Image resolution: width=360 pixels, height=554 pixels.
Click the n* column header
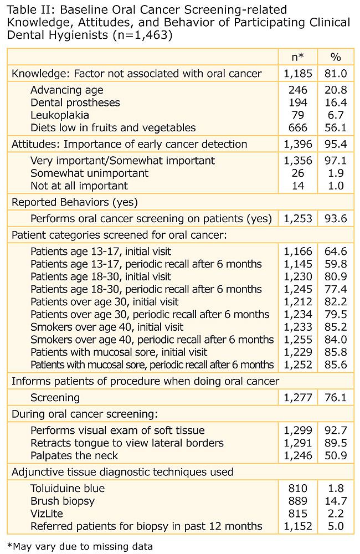[x=299, y=57]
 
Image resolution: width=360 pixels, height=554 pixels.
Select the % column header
[x=336, y=57]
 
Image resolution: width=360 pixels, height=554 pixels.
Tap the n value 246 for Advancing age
[x=298, y=90]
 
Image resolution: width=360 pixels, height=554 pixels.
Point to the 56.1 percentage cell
[x=336, y=128]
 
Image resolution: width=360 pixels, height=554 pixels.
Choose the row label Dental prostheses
[x=75, y=102]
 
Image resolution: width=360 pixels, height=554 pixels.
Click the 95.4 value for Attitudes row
[x=336, y=145]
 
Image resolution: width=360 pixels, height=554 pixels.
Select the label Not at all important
[x=79, y=186]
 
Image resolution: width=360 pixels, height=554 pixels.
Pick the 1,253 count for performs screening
[x=299, y=219]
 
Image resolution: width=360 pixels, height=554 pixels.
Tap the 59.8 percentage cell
[x=336, y=264]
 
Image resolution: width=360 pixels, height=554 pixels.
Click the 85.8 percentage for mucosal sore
[x=336, y=352]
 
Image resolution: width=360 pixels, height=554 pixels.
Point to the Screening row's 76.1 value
[x=336, y=398]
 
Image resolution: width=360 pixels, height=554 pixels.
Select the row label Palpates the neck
[x=75, y=456]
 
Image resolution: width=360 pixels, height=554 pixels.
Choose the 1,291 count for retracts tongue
[x=299, y=443]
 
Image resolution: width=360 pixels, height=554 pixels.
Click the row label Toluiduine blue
[x=68, y=489]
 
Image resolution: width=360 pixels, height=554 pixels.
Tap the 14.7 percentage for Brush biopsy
[x=336, y=501]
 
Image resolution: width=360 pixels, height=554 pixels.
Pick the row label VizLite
[x=47, y=514]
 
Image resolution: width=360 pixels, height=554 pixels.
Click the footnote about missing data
[x=80, y=546]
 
